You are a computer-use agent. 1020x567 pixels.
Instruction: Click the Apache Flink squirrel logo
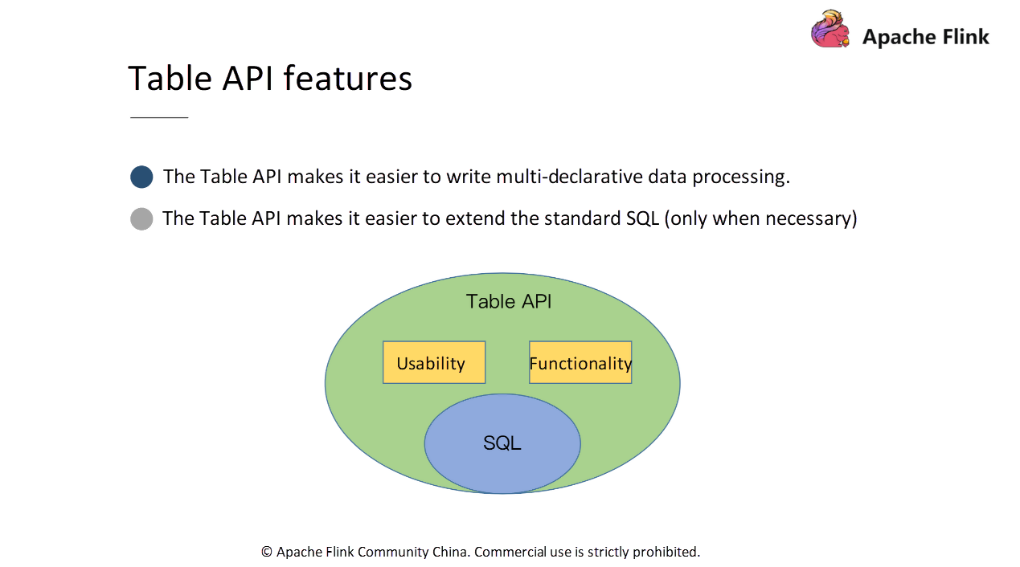click(x=830, y=29)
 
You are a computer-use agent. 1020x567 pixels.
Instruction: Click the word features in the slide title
click(x=348, y=78)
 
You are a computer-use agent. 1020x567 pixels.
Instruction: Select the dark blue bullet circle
click(x=141, y=177)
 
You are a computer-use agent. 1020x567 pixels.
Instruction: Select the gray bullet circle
click(x=141, y=219)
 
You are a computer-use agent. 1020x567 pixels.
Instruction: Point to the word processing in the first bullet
click(x=741, y=177)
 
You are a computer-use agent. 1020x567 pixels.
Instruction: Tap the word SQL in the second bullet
click(x=642, y=218)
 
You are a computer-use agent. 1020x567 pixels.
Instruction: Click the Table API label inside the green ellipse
click(x=509, y=301)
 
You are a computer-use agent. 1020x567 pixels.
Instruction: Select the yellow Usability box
click(x=434, y=362)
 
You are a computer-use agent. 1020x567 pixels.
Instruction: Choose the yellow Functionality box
click(x=580, y=362)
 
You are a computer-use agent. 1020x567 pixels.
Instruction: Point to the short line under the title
click(x=159, y=117)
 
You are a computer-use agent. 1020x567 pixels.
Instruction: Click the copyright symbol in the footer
click(x=266, y=552)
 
